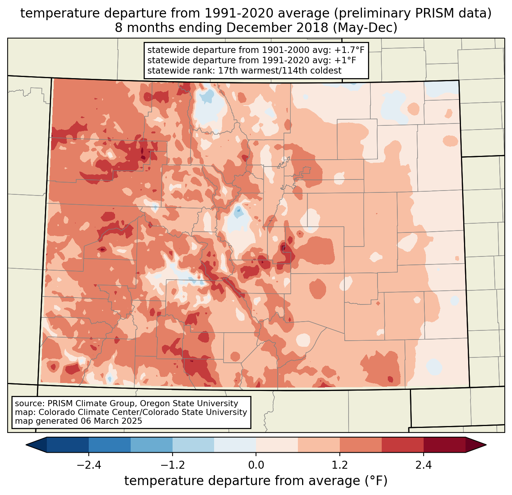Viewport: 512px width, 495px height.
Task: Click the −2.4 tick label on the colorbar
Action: coord(89,465)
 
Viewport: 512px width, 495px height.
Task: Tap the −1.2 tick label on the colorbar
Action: coord(172,465)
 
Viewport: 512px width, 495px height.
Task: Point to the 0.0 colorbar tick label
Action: coord(256,465)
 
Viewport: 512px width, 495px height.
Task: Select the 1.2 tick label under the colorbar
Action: coord(340,465)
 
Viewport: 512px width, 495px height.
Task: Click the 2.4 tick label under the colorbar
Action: coord(424,465)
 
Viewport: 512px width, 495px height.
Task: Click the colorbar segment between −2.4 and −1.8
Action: coord(110,445)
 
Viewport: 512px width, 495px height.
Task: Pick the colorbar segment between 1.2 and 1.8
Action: coord(361,445)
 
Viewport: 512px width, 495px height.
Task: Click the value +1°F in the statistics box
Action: coord(346,60)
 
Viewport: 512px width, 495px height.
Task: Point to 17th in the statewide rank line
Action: coord(227,70)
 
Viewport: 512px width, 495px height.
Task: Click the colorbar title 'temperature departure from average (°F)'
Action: coord(256,481)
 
